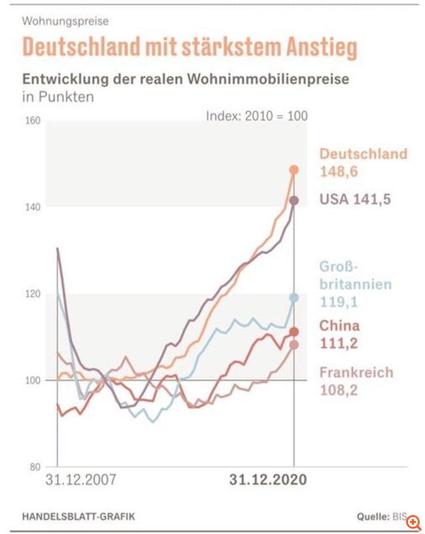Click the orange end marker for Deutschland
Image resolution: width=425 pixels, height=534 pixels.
coord(294,170)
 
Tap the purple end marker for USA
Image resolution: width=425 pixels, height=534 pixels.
coord(294,200)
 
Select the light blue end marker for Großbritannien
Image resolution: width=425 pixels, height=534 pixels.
coord(294,298)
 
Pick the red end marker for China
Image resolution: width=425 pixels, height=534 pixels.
coord(294,332)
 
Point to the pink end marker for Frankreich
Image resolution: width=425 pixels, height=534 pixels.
coord(294,345)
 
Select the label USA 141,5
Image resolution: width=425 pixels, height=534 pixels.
coord(355,199)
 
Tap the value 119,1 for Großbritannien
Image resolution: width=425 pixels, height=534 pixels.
coord(338,302)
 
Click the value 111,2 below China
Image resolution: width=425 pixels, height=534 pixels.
coord(337,343)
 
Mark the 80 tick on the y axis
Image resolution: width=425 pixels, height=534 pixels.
coord(35,467)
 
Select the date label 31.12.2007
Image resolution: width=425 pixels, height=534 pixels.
coord(80,480)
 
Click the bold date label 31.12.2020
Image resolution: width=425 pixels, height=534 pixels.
coord(268,480)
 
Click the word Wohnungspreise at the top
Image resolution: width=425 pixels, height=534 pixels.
coord(65,21)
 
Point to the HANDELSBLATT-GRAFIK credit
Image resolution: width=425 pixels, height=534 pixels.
coord(78,517)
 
